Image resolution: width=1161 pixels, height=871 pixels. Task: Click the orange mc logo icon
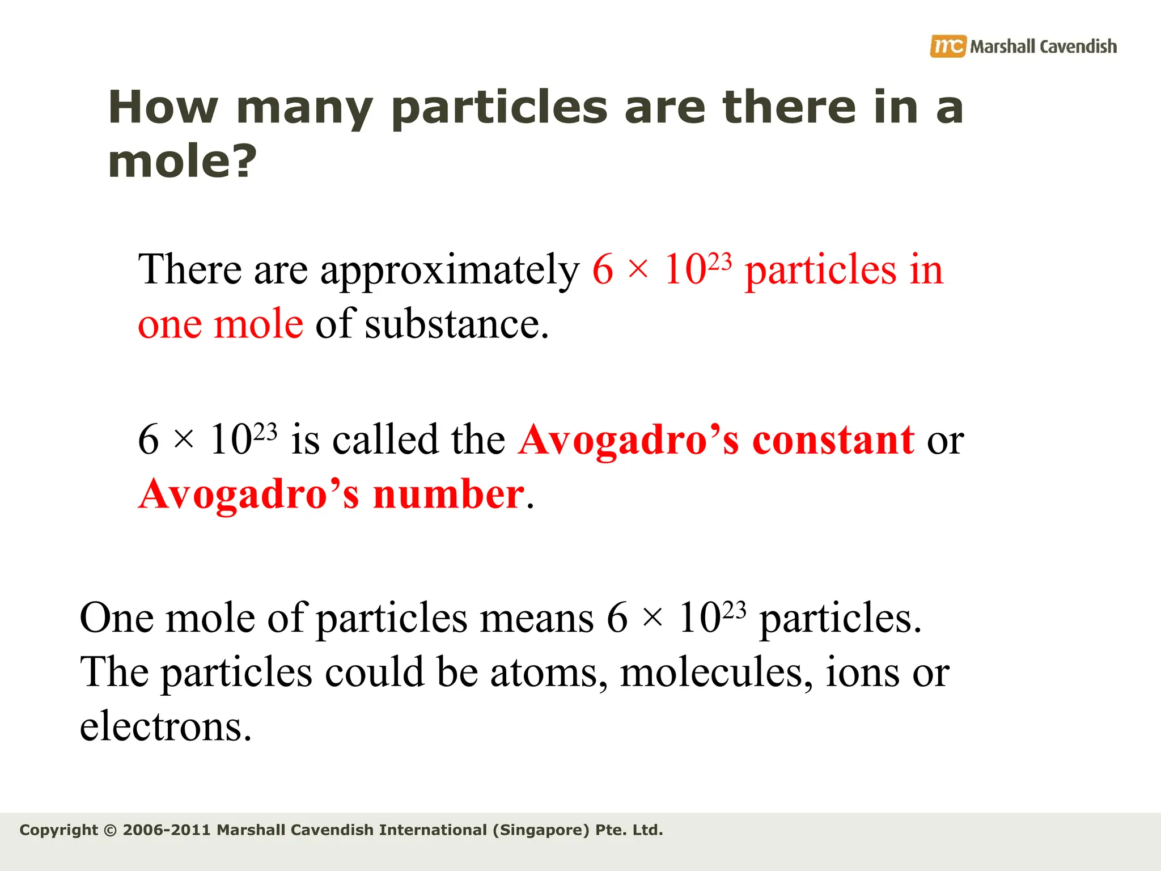coord(947,46)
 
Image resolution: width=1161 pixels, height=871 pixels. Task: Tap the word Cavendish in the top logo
coord(1079,46)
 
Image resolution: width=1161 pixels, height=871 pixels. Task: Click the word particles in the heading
coord(499,108)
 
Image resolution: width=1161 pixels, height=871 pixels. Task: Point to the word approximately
coord(450,270)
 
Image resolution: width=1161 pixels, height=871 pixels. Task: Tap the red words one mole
coord(221,324)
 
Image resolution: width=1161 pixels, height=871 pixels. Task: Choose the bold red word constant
coord(833,440)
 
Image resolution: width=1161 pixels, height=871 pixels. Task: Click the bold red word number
coord(448,494)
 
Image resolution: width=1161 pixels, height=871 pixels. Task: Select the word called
coord(385,440)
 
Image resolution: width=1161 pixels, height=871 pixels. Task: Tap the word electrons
coord(165,727)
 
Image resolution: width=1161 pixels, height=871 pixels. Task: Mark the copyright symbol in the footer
coord(111,830)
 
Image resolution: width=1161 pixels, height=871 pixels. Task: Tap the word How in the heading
coord(163,108)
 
